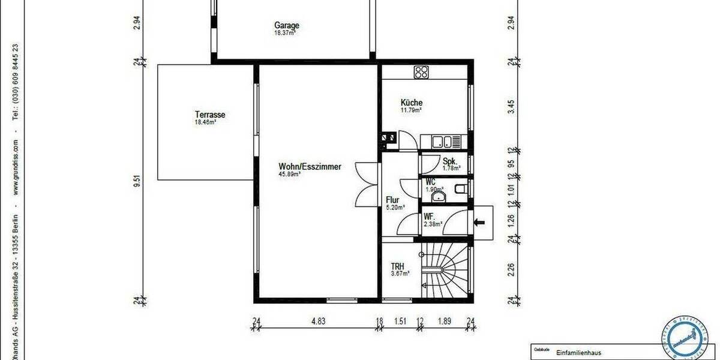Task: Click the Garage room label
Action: [x=287, y=26]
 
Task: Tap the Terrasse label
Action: [x=209, y=114]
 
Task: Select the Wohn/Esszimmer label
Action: [x=310, y=167]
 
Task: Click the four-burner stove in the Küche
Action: [x=421, y=73]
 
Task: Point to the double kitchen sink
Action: [x=445, y=142]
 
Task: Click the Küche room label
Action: [x=412, y=103]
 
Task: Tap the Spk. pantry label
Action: [x=450, y=161]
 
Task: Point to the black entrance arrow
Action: [x=479, y=223]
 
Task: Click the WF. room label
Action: [x=430, y=217]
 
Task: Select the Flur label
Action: [x=393, y=201]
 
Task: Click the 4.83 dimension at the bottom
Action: [x=318, y=321]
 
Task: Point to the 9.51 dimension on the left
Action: [x=138, y=181]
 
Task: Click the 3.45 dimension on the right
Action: [x=511, y=106]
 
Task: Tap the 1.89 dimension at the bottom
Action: [x=445, y=321]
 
